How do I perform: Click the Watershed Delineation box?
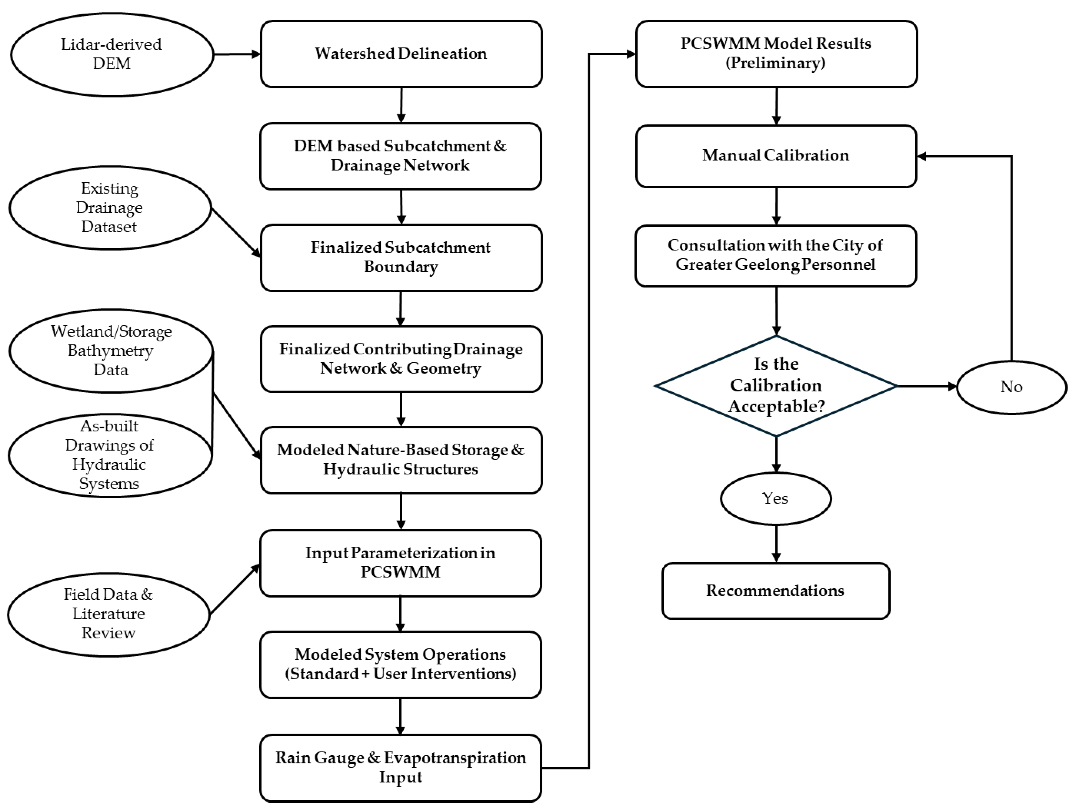coord(401,53)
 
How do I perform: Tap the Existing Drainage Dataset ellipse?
coord(110,208)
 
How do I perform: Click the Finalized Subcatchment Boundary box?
coord(401,258)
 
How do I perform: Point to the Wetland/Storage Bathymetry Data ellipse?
coord(111,350)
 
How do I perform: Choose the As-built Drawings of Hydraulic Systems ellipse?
coord(110,455)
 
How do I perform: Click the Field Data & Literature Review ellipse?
coord(109,614)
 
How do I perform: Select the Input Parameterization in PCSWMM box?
coord(400,563)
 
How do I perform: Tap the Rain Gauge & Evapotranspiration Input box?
coord(400,767)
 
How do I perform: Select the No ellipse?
coord(1011,387)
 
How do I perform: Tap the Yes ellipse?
coord(775,498)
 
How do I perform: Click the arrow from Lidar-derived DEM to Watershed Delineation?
coord(237,54)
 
